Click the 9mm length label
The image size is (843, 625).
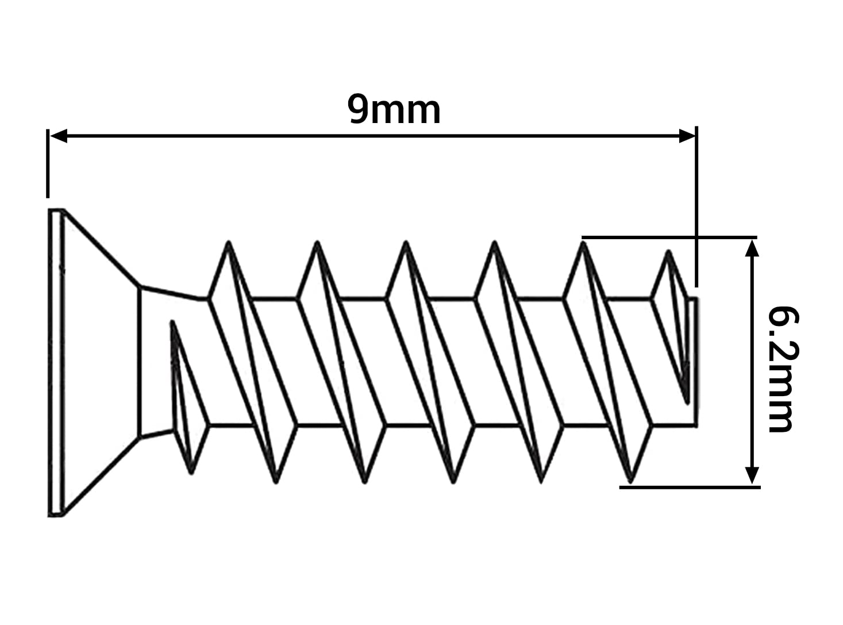[x=394, y=110]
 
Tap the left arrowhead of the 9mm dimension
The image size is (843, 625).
[x=59, y=136]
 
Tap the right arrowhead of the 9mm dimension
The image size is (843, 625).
[x=687, y=136]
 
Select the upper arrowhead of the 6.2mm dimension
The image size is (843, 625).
[x=752, y=248]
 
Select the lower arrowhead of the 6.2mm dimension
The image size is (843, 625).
[x=752, y=476]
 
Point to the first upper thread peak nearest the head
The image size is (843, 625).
[x=229, y=243]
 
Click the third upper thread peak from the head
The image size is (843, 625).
[x=406, y=243]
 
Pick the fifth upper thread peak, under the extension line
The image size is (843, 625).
[x=583, y=243]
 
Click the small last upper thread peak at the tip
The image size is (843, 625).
[x=668, y=251]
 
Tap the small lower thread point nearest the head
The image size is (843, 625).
[x=191, y=473]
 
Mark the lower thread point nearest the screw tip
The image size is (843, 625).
[x=630, y=482]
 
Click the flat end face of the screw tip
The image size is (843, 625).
[x=696, y=362]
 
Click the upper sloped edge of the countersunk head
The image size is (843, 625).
[x=102, y=247]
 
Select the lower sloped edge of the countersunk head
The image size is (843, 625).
[x=102, y=477]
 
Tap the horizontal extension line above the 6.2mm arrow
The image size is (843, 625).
[x=669, y=237]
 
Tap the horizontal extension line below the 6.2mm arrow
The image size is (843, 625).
[x=690, y=488]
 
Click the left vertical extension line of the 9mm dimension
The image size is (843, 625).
[x=48, y=163]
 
